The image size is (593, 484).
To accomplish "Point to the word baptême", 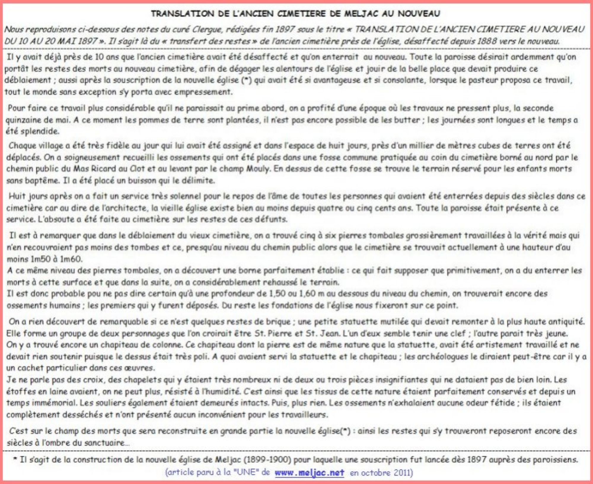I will coord(42,180).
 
